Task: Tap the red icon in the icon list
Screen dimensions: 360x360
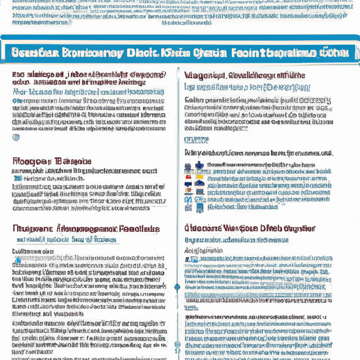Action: [188, 177]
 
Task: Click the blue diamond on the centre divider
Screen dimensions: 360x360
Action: [177, 287]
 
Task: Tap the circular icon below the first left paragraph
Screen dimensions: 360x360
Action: [16, 137]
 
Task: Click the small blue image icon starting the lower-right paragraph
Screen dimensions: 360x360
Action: [193, 259]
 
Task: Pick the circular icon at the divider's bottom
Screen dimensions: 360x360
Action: [178, 345]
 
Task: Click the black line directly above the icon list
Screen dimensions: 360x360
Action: [258, 153]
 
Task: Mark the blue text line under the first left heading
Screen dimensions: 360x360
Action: [88, 92]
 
